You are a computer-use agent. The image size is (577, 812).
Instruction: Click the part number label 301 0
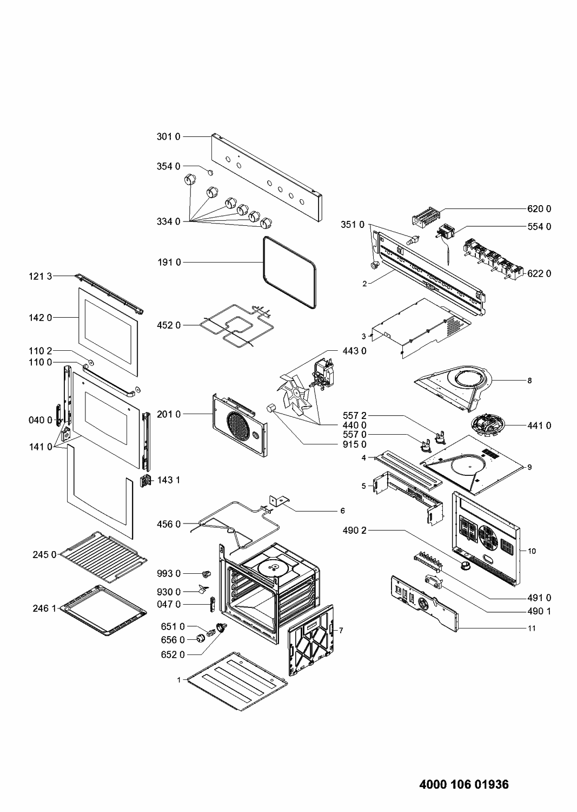(169, 136)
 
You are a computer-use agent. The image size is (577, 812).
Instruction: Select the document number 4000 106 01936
(464, 784)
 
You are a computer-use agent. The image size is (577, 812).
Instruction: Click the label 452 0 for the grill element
(169, 325)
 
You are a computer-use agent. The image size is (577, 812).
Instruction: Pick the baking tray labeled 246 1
(103, 611)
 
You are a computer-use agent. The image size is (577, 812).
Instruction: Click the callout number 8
(529, 381)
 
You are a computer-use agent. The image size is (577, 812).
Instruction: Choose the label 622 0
(539, 273)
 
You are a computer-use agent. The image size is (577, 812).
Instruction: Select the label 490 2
(355, 531)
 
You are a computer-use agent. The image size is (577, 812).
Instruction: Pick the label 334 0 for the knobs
(169, 221)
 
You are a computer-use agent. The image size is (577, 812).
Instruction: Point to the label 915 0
(355, 444)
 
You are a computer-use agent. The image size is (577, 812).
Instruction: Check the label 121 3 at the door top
(41, 277)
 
